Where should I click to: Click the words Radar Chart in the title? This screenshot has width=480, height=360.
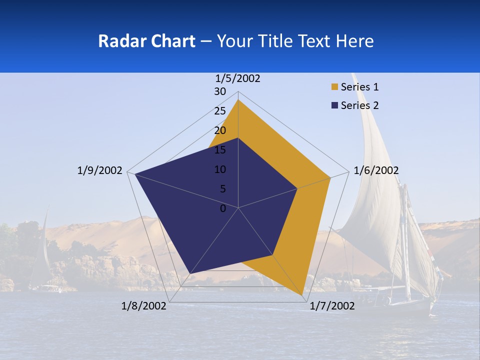(147, 41)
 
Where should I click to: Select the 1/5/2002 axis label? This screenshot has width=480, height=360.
(238, 78)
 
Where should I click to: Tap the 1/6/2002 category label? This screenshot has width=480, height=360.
(376, 170)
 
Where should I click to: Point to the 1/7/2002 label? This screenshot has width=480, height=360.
(332, 306)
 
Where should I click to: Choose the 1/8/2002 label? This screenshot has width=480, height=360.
(144, 306)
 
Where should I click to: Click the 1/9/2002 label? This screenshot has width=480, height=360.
(100, 170)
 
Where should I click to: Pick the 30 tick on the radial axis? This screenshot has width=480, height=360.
(220, 91)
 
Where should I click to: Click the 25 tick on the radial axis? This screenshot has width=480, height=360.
(220, 111)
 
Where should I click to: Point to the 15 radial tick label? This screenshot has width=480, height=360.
(220, 150)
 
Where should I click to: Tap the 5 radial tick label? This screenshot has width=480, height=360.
(222, 189)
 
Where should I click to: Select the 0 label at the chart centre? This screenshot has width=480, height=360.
(223, 208)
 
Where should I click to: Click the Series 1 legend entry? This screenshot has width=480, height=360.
(359, 87)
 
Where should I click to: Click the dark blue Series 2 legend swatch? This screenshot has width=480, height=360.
(335, 105)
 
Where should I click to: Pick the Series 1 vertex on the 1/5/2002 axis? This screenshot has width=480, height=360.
(238, 99)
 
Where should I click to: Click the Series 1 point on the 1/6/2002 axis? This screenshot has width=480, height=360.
(330, 177)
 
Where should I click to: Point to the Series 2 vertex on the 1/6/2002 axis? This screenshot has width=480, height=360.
(297, 188)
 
